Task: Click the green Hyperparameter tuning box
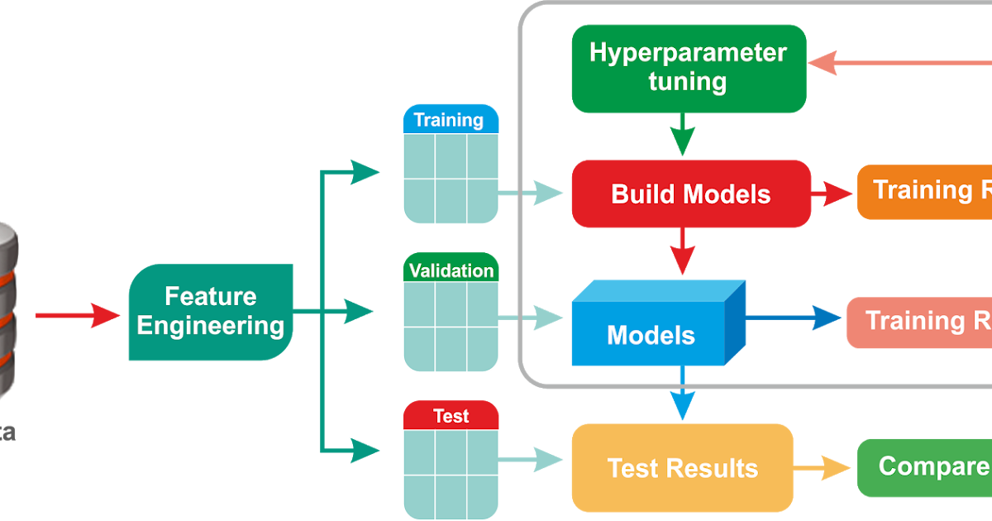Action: [689, 69]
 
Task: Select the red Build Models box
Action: [690, 194]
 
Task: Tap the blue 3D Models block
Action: [653, 331]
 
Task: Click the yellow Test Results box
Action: [682, 467]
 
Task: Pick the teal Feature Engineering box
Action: [211, 312]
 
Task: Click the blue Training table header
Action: [450, 120]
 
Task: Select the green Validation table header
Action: [451, 270]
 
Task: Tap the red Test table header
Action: [451, 416]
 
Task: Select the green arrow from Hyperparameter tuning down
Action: [682, 135]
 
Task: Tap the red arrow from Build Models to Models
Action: [682, 251]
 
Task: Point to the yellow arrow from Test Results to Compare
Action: [822, 468]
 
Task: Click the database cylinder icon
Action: [8, 314]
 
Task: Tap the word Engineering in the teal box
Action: [211, 325]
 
